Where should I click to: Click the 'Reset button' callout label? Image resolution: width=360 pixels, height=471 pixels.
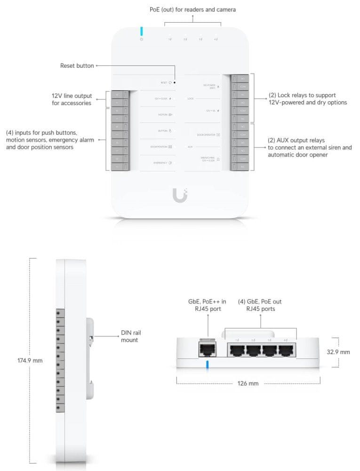pyautogui.click(x=77, y=65)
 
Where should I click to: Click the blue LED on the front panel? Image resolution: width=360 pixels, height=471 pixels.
pyautogui.click(x=141, y=31)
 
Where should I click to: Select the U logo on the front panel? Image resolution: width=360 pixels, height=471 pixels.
pyautogui.click(x=179, y=195)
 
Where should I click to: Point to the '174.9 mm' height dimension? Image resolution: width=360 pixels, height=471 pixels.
pyautogui.click(x=30, y=360)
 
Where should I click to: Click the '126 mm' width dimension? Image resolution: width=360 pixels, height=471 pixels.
pyautogui.click(x=248, y=383)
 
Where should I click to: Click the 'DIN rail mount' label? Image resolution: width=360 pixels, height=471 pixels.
pyautogui.click(x=131, y=336)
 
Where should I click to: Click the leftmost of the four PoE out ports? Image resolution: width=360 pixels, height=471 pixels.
pyautogui.click(x=237, y=350)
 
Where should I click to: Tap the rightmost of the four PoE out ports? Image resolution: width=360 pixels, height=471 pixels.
pyautogui.click(x=286, y=350)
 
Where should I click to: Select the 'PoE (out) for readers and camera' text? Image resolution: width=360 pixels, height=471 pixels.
pyautogui.click(x=193, y=9)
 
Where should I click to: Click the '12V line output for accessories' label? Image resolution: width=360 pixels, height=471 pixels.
pyautogui.click(x=72, y=99)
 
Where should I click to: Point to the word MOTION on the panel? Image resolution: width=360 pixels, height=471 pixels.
pyautogui.click(x=162, y=114)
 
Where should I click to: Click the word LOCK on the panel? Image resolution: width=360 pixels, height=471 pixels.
pyautogui.click(x=190, y=99)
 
